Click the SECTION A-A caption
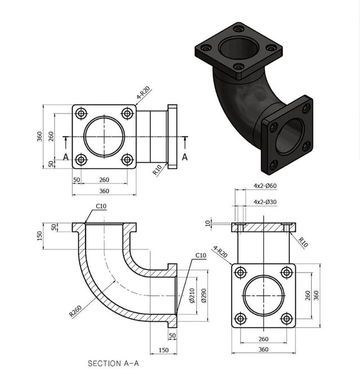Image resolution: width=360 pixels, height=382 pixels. click(x=113, y=363)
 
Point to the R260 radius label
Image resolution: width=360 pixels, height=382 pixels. click(x=75, y=311)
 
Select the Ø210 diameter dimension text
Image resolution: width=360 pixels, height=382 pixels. click(x=192, y=295)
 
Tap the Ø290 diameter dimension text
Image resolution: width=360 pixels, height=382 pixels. click(x=204, y=295)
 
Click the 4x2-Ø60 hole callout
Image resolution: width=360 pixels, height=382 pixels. click(x=265, y=186)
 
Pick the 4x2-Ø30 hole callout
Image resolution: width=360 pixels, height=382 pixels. click(x=265, y=202)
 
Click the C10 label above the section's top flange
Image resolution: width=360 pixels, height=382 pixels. click(x=101, y=206)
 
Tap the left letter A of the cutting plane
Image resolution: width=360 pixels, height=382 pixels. click(x=66, y=157)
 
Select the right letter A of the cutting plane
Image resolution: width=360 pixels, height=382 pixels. click(x=185, y=157)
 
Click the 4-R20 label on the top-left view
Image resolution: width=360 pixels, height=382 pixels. click(x=143, y=93)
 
